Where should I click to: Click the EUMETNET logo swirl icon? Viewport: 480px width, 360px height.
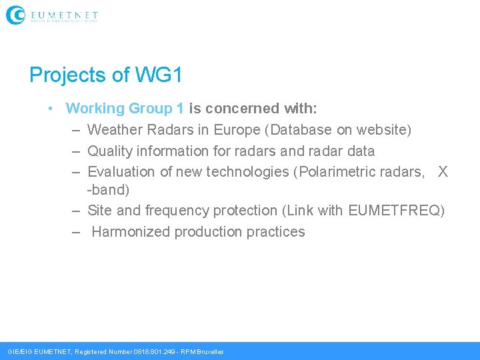coord(15,15)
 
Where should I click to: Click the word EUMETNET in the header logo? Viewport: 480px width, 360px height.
coord(64,14)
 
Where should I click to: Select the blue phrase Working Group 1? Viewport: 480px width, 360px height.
coord(125,108)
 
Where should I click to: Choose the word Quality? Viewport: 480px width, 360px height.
coord(110,151)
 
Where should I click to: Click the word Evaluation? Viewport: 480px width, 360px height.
coord(122,172)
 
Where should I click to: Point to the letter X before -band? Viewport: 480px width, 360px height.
coord(443,172)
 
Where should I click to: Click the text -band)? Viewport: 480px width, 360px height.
coord(109,190)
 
